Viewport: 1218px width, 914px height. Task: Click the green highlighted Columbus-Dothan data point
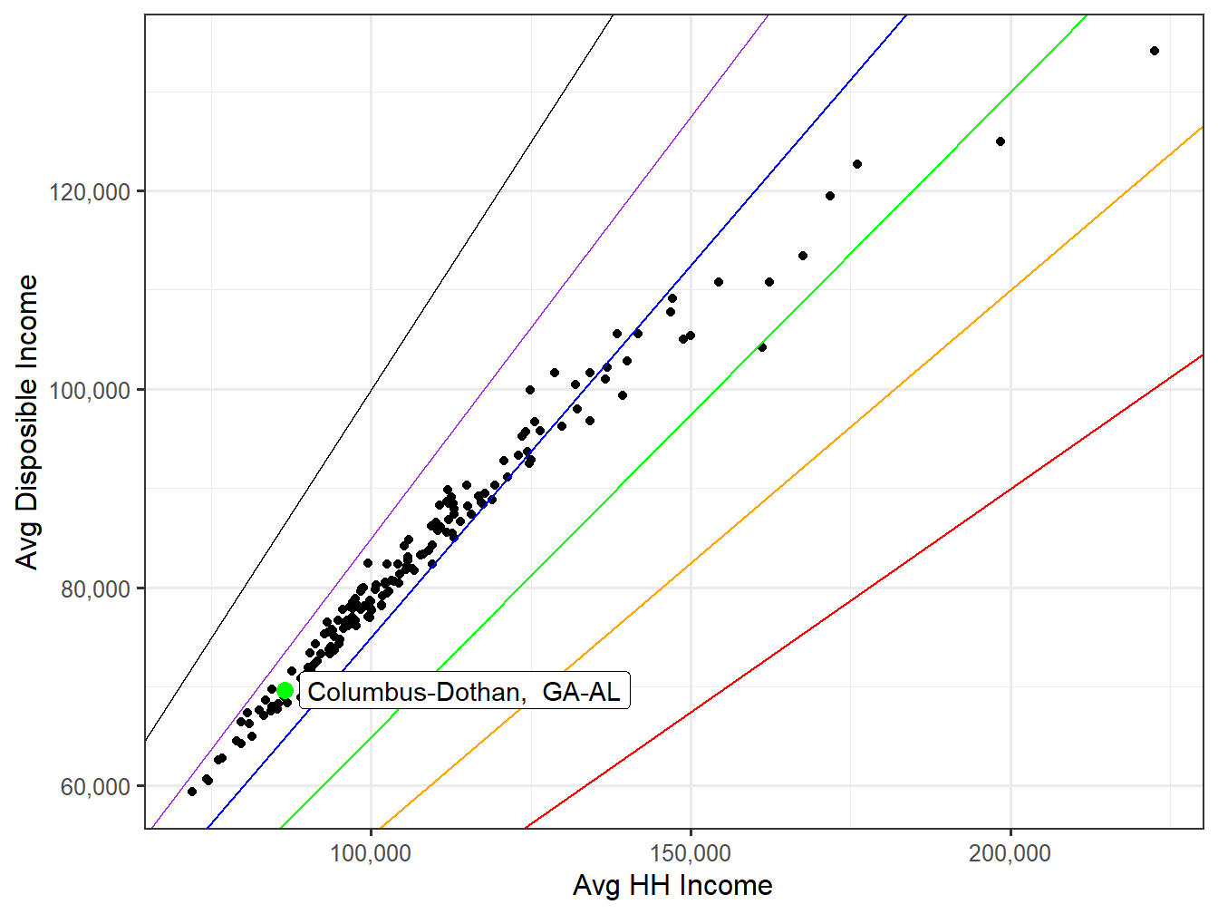pyautogui.click(x=285, y=691)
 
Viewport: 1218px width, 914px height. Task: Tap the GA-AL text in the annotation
pyautogui.click(x=581, y=692)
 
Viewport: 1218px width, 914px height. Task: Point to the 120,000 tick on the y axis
pyautogui.click(x=89, y=192)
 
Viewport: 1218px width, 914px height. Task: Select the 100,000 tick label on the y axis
pyautogui.click(x=89, y=391)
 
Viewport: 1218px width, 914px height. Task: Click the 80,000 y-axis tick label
pyautogui.click(x=94, y=589)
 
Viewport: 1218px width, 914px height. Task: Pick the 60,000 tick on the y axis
pyautogui.click(x=94, y=787)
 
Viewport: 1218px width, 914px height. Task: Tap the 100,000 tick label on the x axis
pyautogui.click(x=371, y=853)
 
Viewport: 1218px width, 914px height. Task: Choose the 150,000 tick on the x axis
pyautogui.click(x=691, y=853)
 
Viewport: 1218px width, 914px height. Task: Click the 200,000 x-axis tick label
pyautogui.click(x=1010, y=853)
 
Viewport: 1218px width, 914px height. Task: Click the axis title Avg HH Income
pyautogui.click(x=672, y=886)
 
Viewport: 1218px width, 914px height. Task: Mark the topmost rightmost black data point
pyautogui.click(x=1154, y=51)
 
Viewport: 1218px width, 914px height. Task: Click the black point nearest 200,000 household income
pyautogui.click(x=1000, y=141)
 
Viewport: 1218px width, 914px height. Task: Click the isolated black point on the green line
pyautogui.click(x=762, y=347)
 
